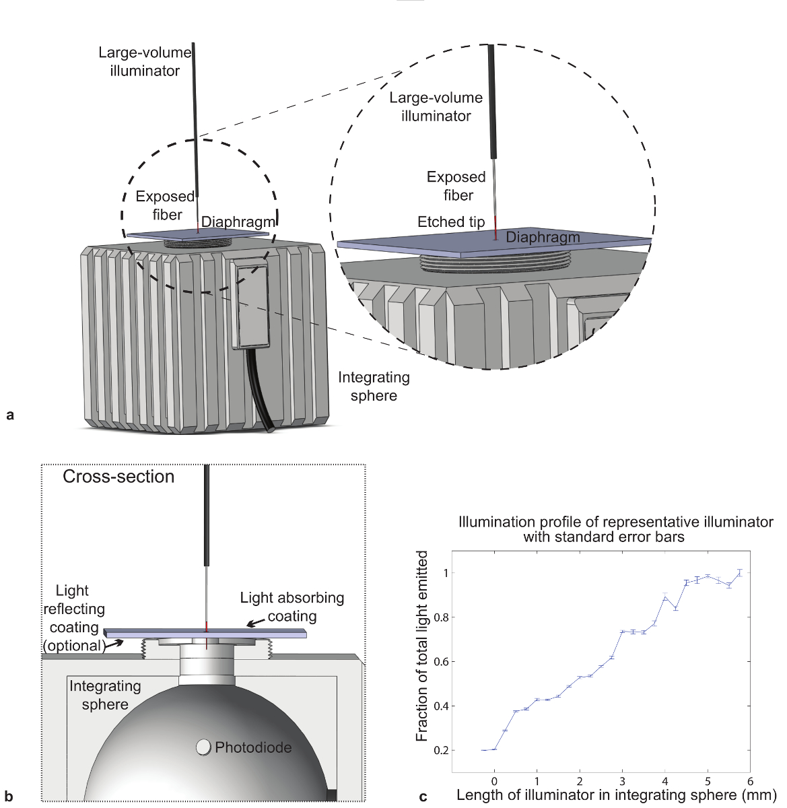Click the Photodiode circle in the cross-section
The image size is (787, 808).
[x=203, y=747]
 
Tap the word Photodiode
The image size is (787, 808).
[x=253, y=747]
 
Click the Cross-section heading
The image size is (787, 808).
[x=118, y=477]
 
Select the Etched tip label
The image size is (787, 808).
[x=451, y=222]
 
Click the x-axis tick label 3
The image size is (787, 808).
[x=622, y=782]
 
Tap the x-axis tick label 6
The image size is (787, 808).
[x=750, y=782]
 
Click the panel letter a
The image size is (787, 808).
[x=9, y=415]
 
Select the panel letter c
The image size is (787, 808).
[x=423, y=797]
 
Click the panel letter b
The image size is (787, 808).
[x=9, y=797]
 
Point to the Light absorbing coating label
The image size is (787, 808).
[x=292, y=607]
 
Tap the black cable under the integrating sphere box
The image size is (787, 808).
[x=259, y=391]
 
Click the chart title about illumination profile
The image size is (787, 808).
[x=615, y=529]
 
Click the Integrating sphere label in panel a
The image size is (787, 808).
[x=374, y=386]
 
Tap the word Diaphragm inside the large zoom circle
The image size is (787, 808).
[x=543, y=237]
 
